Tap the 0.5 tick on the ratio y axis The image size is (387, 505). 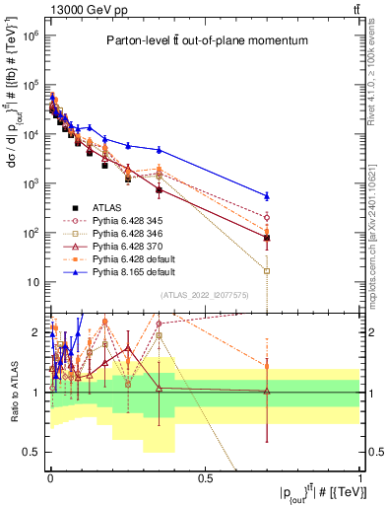37,453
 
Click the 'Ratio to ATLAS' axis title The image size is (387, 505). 13,392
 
